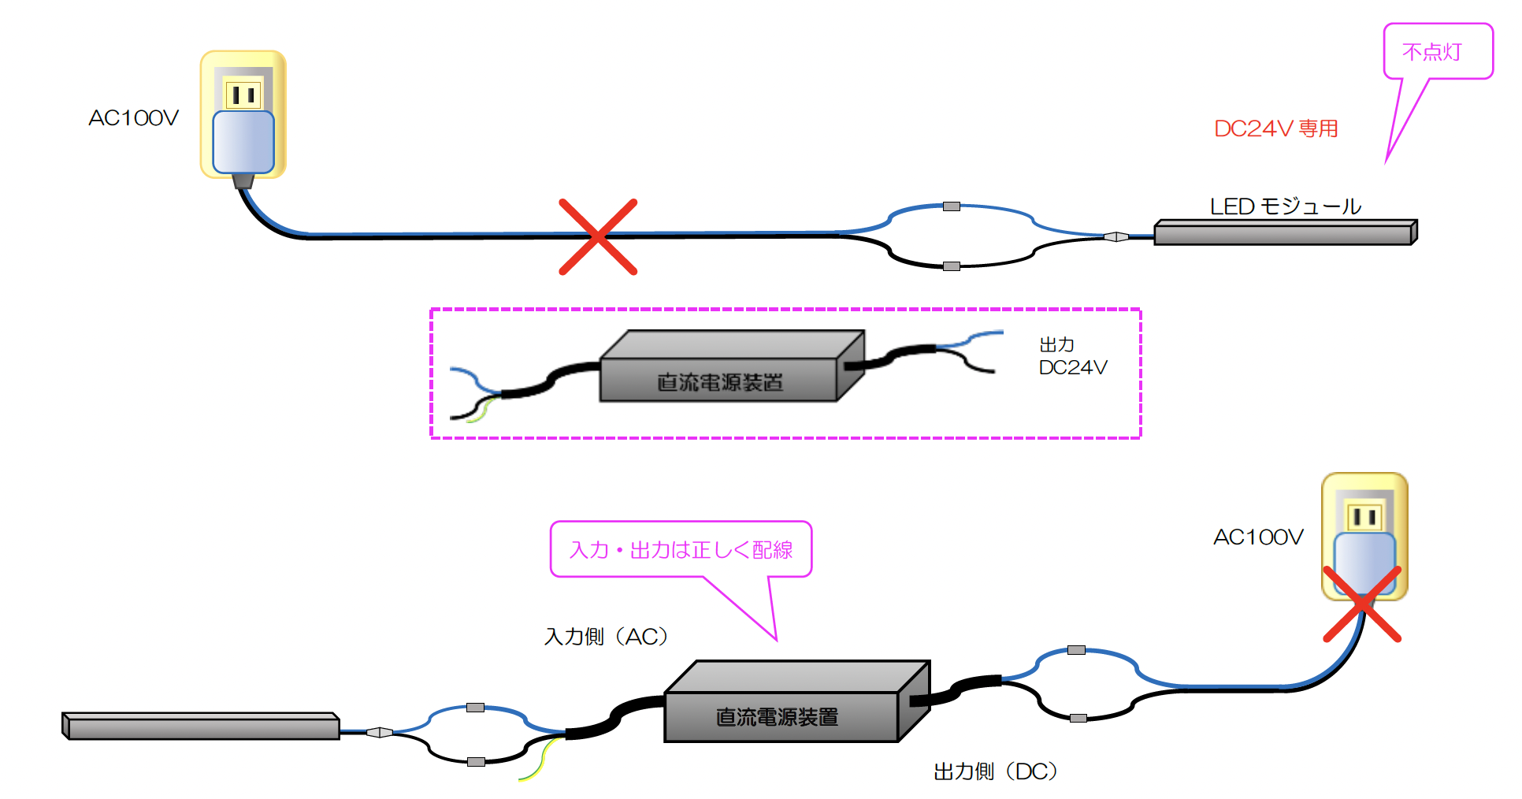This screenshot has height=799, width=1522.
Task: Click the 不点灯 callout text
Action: click(1431, 52)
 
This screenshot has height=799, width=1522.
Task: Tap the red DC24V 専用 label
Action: click(1276, 128)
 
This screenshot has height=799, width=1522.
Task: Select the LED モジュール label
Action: click(1286, 206)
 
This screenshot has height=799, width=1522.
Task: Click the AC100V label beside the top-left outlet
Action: click(133, 118)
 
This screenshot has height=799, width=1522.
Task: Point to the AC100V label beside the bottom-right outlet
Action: click(1258, 537)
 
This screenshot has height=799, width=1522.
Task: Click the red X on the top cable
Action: click(598, 236)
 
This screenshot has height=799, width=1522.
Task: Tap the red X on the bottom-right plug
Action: click(1362, 604)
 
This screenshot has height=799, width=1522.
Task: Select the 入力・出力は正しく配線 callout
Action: click(681, 549)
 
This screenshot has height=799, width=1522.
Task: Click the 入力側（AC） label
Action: click(607, 636)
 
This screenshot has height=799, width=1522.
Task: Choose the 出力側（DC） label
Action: click(996, 771)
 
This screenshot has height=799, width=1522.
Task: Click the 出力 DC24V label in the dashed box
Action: click(1073, 356)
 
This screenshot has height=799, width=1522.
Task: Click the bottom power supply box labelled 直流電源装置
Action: click(797, 701)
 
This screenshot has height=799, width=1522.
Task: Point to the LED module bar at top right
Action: click(1286, 232)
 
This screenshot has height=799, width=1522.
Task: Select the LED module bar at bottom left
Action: click(201, 727)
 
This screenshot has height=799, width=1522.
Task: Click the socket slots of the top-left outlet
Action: click(243, 95)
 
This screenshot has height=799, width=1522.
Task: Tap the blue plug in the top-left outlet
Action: click(243, 142)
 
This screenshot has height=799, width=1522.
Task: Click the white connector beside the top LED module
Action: click(1116, 236)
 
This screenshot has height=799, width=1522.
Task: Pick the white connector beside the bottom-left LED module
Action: click(380, 732)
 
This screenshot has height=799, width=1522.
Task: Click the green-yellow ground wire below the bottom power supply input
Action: click(540, 758)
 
